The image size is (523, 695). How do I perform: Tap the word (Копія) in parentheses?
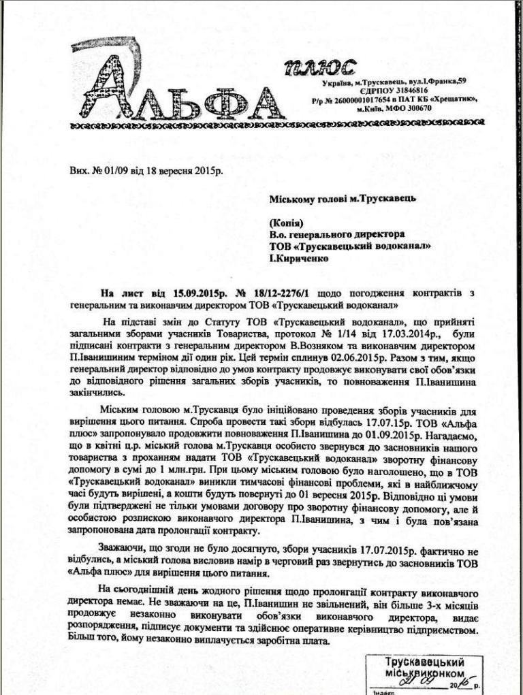pyautogui.click(x=285, y=222)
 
